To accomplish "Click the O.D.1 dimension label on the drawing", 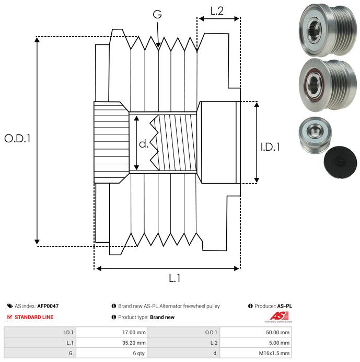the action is coord(17,139).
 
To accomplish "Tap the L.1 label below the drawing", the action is coord(175,278).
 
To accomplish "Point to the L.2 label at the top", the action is coord(217,11).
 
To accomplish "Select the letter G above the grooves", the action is coord(157,14).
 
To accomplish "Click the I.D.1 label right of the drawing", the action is coord(270,147).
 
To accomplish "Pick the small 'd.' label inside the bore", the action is coord(144,144).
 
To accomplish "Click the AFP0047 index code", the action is coord(48,306).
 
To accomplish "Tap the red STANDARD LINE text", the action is coord(34,317).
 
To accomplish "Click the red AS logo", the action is coord(279,316).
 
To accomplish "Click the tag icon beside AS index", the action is coord(10,306).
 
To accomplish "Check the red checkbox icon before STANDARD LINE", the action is coord(9,317).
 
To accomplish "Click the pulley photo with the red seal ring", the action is coord(328,85).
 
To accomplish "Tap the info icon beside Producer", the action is coord(250,306).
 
